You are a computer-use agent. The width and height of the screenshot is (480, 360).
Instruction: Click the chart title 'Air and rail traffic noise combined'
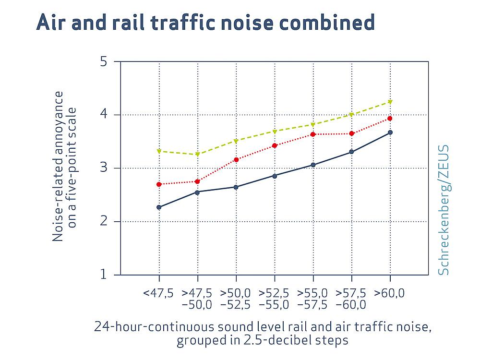[x=205, y=23]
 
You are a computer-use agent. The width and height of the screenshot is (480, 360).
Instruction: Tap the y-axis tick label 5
[x=104, y=61]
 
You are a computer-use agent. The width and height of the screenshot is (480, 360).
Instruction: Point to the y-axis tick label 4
[x=104, y=115]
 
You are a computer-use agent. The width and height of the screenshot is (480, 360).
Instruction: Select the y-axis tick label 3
[x=104, y=168]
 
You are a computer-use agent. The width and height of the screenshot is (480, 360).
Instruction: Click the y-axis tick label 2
[x=104, y=221]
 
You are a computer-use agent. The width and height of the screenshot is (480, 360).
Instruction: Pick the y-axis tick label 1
[x=104, y=275]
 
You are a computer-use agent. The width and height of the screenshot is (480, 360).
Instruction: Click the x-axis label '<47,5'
[x=158, y=293]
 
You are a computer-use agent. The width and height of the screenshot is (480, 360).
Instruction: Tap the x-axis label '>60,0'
[x=390, y=293]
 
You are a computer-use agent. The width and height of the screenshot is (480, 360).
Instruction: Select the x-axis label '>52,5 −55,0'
[x=275, y=299]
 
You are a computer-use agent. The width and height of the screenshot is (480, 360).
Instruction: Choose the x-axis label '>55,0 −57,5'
[x=313, y=299]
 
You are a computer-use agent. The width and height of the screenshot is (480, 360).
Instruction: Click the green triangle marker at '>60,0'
[x=390, y=102]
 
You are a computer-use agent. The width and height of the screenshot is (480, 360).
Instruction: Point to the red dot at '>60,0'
[x=390, y=118]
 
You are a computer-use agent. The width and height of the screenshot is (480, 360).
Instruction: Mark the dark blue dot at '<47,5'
[x=159, y=207]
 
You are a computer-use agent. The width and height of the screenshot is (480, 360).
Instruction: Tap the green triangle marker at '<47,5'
[x=159, y=151]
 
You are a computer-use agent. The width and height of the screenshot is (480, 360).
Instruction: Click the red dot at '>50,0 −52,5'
[x=236, y=159]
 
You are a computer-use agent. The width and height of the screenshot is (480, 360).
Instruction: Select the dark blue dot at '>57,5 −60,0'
[x=351, y=152]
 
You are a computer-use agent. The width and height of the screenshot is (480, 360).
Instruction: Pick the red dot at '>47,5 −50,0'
[x=197, y=181]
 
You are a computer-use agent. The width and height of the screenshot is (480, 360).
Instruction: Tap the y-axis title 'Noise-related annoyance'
[x=58, y=167]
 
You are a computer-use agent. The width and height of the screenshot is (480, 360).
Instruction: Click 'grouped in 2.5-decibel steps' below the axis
[x=262, y=340]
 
